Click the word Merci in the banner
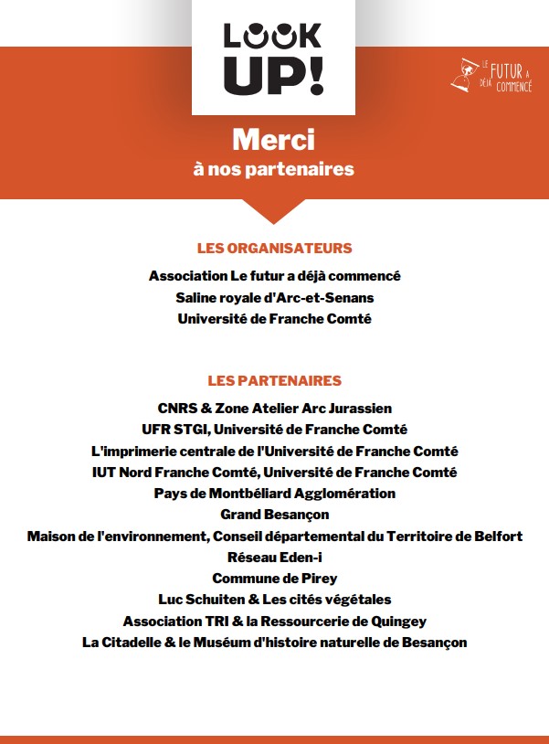pyautogui.click(x=273, y=140)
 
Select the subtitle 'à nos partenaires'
pyautogui.click(x=273, y=169)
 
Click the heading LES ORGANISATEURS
pyautogui.click(x=274, y=248)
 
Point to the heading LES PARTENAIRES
pyautogui.click(x=274, y=380)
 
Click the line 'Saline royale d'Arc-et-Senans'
pyautogui.click(x=274, y=297)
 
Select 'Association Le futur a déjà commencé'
pyautogui.click(x=274, y=275)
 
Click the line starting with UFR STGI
pyautogui.click(x=274, y=429)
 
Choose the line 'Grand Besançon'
pyautogui.click(x=274, y=515)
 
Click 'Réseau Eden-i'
pyautogui.click(x=274, y=557)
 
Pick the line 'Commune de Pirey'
pyautogui.click(x=274, y=578)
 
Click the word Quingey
pyautogui.click(x=398, y=621)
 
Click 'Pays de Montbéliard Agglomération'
pyautogui.click(x=274, y=493)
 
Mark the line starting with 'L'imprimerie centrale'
pyautogui.click(x=274, y=451)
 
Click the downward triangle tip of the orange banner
pyautogui.click(x=274, y=221)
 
